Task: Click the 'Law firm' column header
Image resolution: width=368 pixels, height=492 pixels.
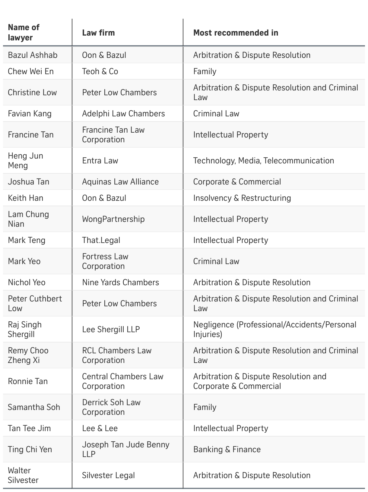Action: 98,33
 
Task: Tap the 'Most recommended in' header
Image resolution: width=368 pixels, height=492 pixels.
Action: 236,33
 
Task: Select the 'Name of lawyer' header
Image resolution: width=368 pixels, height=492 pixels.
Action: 24,33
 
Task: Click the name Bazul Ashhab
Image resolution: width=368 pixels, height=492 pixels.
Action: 33,55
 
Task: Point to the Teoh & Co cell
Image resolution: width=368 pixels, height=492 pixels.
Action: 100,71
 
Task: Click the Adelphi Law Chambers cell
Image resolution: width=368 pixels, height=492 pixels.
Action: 123,114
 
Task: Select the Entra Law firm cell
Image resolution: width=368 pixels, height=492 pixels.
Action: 100,161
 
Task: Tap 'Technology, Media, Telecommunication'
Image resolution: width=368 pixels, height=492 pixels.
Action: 263,161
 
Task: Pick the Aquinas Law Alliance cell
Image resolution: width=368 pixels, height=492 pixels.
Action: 120,182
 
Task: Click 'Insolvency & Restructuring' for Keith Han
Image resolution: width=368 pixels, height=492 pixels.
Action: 242,198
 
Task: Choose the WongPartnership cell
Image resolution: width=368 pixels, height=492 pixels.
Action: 113,219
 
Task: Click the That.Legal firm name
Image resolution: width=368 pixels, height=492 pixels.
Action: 101,240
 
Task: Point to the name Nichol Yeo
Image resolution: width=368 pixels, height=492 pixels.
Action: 27,282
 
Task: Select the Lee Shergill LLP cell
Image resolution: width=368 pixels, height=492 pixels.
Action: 111,330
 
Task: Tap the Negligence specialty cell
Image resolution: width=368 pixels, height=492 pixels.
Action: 274,330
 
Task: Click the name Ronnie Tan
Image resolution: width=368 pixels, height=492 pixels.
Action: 28,381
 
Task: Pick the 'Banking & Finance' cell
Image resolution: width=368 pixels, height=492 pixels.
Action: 227,449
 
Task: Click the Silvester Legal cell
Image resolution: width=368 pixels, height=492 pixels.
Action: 108,475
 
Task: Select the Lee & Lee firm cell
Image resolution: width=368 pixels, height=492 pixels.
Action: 100,428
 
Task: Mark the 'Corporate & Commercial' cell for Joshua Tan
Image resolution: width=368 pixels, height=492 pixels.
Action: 237,182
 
